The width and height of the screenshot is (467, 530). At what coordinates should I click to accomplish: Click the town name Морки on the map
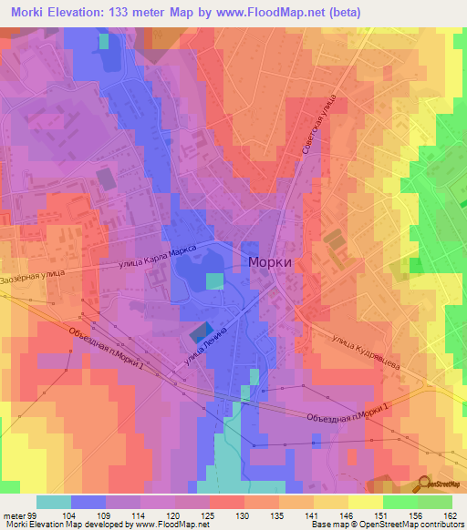pyautogui.click(x=270, y=260)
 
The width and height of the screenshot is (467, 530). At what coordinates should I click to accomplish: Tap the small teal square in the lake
pyautogui.click(x=213, y=281)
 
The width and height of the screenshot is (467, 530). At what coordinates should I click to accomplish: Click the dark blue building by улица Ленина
pyautogui.click(x=202, y=332)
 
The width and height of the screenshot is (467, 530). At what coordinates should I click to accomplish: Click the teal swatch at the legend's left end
pyautogui.click(x=53, y=502)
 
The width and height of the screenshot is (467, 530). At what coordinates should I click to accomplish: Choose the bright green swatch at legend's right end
pyautogui.click(x=435, y=502)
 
